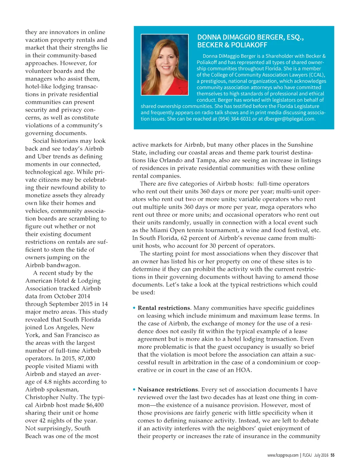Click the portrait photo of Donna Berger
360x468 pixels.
click(x=165, y=64)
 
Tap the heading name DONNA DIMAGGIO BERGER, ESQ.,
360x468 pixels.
click(x=250, y=37)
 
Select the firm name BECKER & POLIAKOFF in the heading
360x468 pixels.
click(x=232, y=45)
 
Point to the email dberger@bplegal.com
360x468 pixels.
click(x=289, y=119)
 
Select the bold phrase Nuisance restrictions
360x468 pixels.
click(x=168, y=390)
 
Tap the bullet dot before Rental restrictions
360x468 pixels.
click(x=134, y=308)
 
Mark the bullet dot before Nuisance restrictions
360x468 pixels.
click(x=134, y=390)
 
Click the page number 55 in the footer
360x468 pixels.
click(x=333, y=455)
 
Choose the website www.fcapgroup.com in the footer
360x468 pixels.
click(x=283, y=455)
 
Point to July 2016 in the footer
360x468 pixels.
click(x=321, y=455)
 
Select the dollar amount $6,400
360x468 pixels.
click(x=95, y=405)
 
